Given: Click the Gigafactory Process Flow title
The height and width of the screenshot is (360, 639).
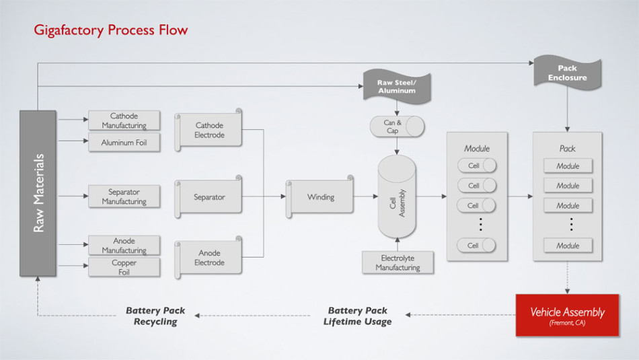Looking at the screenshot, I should [x=111, y=30].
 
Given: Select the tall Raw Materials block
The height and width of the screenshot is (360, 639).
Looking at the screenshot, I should [x=38, y=193].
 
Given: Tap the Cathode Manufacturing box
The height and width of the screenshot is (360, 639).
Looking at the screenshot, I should [x=124, y=120].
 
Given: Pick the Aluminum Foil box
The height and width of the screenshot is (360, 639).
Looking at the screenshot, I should [x=124, y=143].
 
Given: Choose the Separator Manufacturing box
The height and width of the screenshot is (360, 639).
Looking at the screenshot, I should [x=124, y=196].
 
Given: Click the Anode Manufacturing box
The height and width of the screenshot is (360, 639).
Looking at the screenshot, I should [x=124, y=246].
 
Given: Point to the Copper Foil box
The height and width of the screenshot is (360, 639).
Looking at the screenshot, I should [x=124, y=267].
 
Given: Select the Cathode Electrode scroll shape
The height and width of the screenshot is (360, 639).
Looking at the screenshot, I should [x=209, y=130].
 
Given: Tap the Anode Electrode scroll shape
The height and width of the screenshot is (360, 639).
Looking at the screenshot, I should [x=209, y=258].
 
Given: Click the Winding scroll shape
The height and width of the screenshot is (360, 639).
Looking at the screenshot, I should [x=321, y=197].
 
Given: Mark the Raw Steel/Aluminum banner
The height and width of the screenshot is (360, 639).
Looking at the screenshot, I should [x=397, y=86].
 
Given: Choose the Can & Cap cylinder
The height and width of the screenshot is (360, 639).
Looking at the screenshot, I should [x=397, y=126].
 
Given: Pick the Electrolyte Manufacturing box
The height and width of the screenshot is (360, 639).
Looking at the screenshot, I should [x=397, y=262].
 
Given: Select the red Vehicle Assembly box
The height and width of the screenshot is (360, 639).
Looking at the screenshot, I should [x=567, y=315].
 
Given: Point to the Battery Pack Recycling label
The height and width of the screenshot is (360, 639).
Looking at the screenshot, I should [x=155, y=316].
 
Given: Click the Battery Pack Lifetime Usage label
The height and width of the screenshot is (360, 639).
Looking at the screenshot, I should [x=358, y=316].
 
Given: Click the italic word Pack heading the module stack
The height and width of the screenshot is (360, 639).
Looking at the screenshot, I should [x=567, y=148].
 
